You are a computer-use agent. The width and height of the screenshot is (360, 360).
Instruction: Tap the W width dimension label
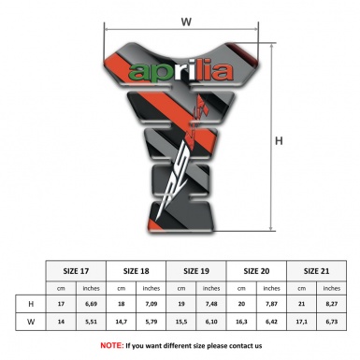coord(186,18)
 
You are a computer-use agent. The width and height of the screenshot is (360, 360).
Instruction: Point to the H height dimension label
coord(279,142)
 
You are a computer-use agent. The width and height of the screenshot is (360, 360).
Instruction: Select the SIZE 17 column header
coord(76,270)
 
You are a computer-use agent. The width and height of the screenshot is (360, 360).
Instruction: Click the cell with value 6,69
coord(92,305)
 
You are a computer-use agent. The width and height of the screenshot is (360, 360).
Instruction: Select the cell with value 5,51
coord(92,323)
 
